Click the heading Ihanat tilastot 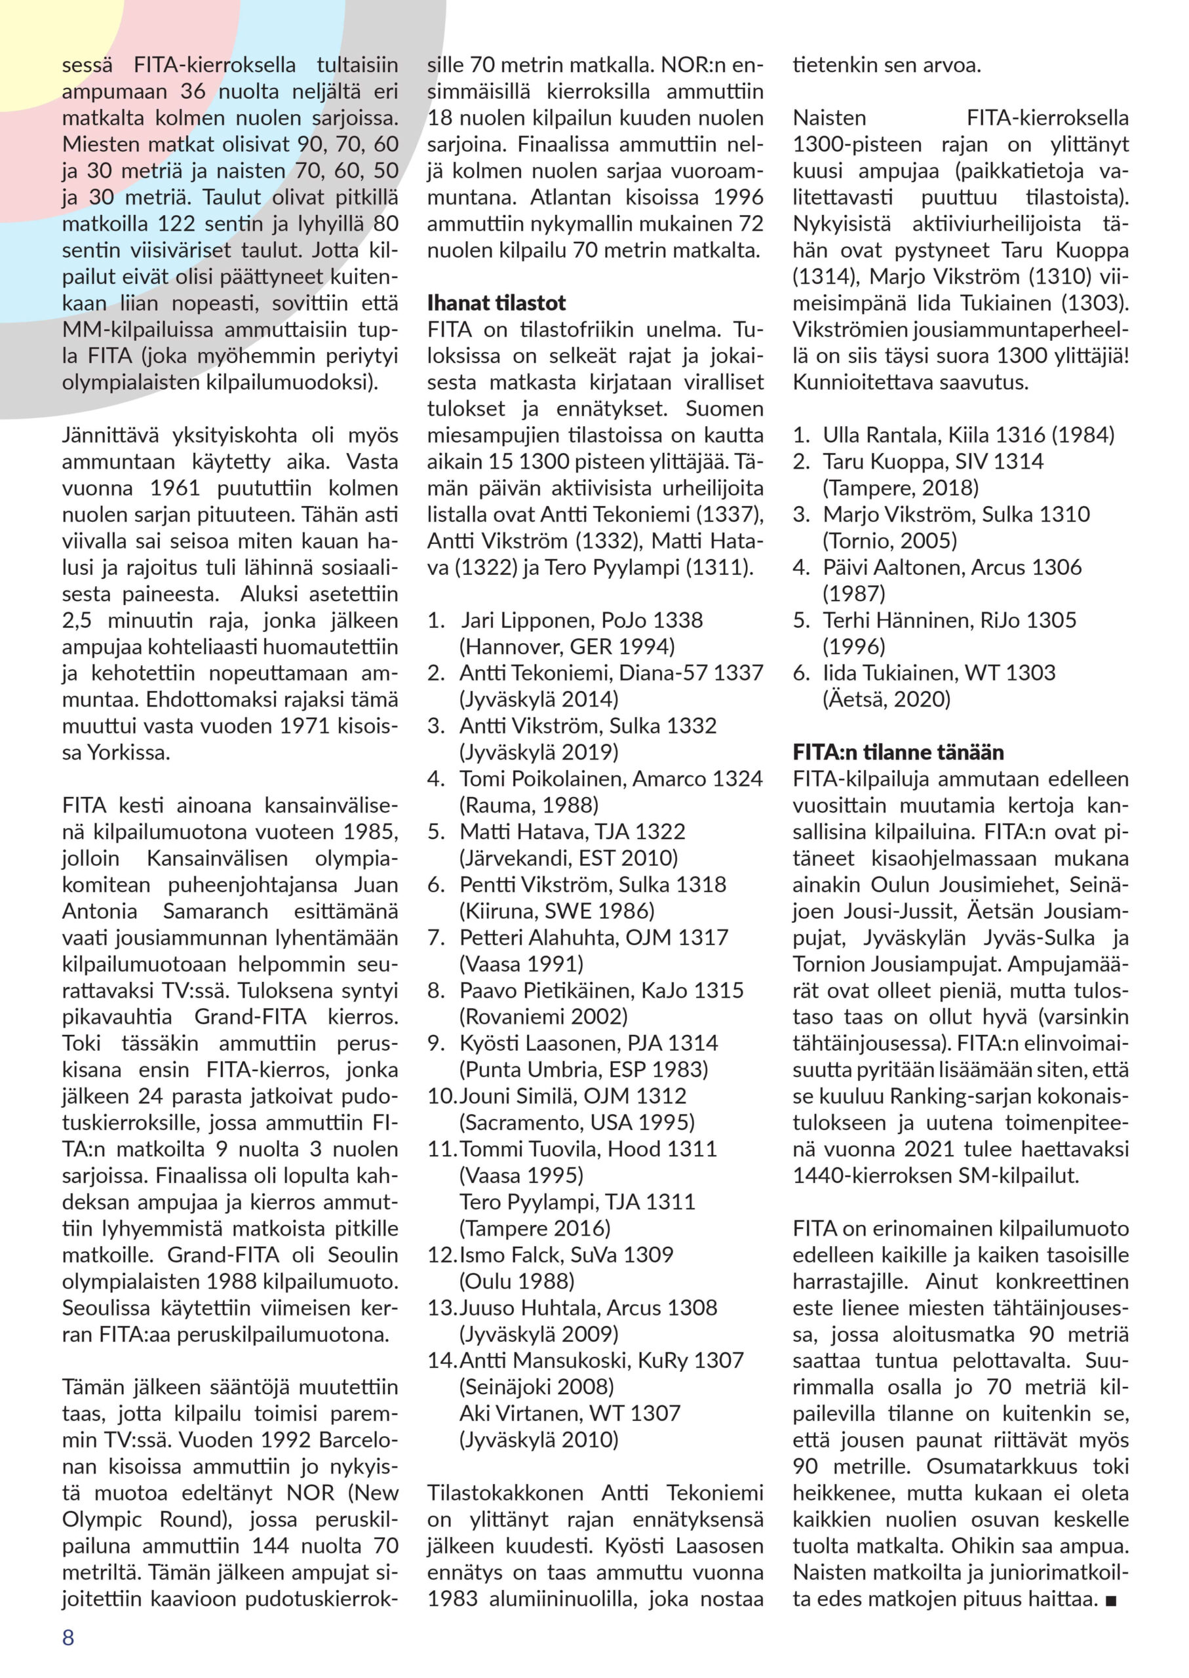click(496, 303)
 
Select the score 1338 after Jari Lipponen click(678, 620)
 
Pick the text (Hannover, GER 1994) click(567, 646)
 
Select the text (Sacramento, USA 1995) click(577, 1122)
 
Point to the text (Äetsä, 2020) click(886, 699)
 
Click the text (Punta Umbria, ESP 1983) click(583, 1070)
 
